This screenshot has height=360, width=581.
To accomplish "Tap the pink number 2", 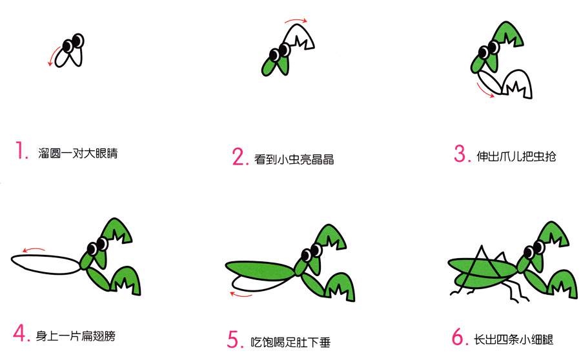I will click(239, 157).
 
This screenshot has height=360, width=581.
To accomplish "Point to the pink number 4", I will click(21, 334).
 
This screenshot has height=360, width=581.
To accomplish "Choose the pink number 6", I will click(458, 337).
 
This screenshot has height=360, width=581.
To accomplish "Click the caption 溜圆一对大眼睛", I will click(78, 154).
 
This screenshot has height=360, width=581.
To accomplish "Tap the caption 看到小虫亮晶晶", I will click(294, 159).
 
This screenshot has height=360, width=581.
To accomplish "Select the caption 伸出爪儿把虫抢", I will click(515, 156).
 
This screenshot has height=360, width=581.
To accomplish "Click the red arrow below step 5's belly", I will click(241, 295).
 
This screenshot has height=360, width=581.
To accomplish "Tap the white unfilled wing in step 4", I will click(44, 265).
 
